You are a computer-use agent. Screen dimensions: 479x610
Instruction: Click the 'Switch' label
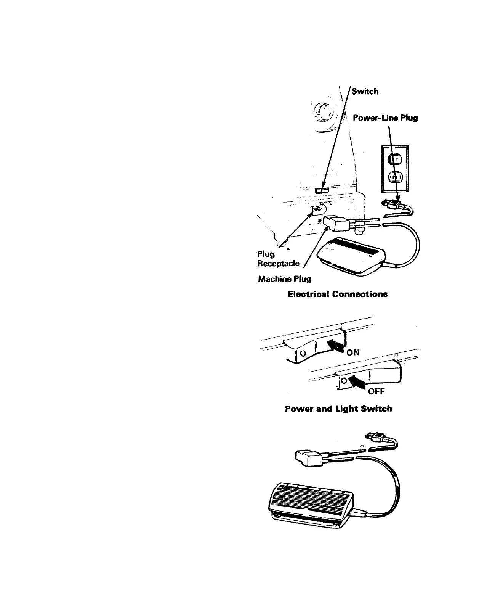click(365, 92)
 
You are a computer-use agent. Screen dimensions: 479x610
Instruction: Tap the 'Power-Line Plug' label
click(385, 118)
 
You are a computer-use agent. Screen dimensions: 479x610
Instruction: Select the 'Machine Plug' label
click(284, 279)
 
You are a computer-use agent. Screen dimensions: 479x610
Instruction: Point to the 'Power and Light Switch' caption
click(338, 409)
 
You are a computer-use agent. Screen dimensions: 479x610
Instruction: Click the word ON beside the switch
click(353, 352)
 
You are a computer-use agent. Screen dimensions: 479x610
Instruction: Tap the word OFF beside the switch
click(376, 391)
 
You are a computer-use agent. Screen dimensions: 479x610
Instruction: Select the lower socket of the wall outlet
click(394, 177)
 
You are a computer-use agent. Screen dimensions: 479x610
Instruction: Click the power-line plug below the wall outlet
click(392, 206)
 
